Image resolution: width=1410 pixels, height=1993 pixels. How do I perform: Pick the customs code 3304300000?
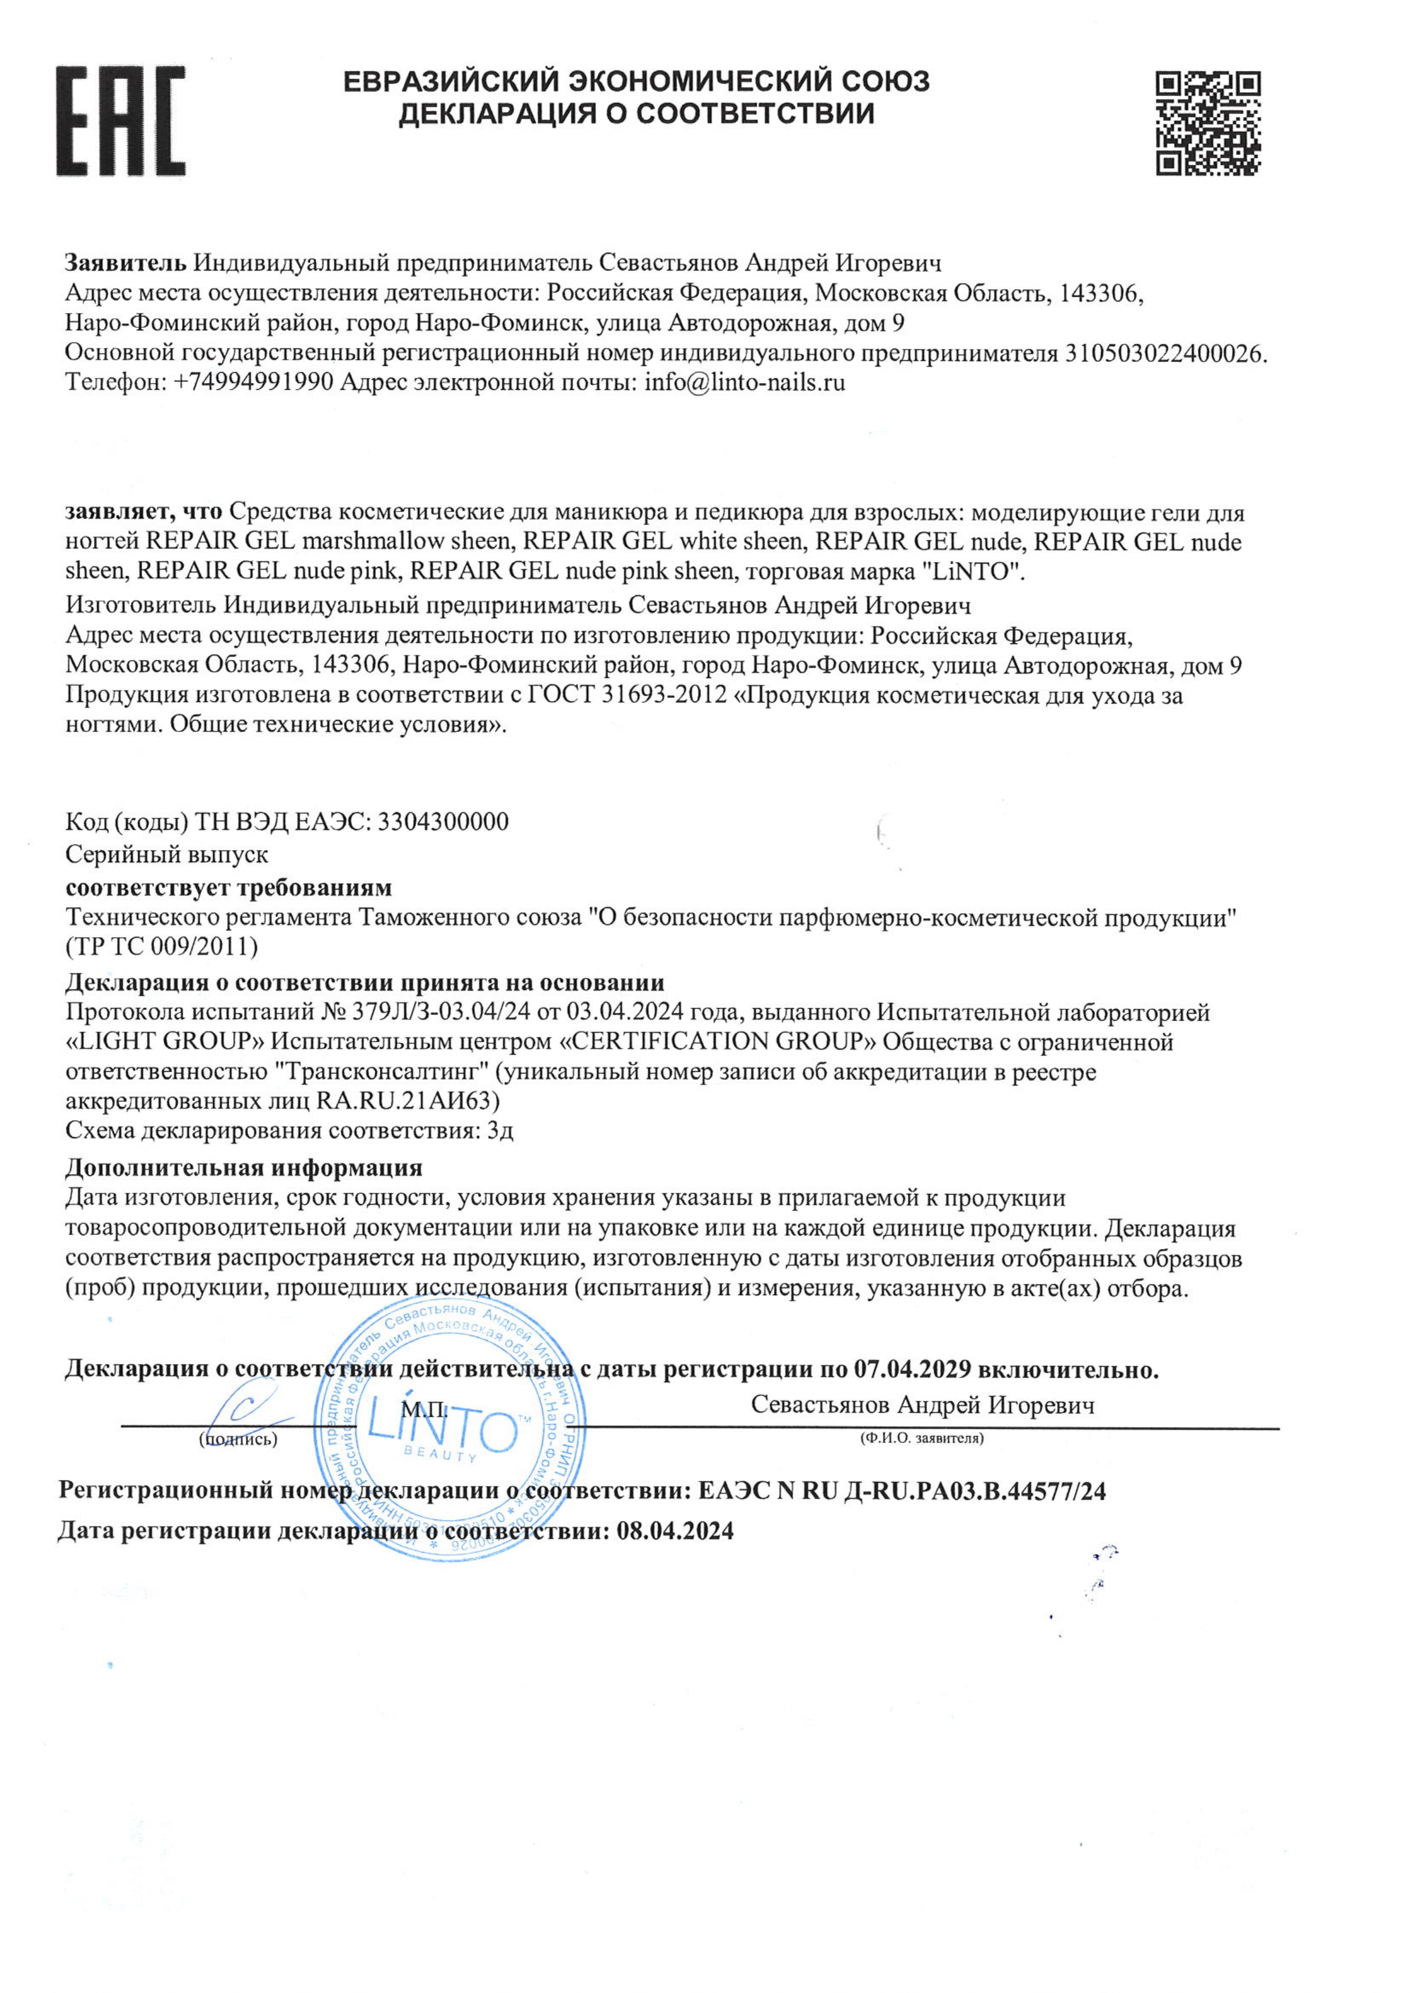pos(443,821)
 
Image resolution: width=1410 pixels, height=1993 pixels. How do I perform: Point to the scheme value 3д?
pos(500,1131)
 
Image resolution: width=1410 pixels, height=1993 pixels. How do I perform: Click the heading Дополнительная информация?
pos(244,1167)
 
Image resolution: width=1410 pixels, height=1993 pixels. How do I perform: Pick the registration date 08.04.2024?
pos(675,1530)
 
